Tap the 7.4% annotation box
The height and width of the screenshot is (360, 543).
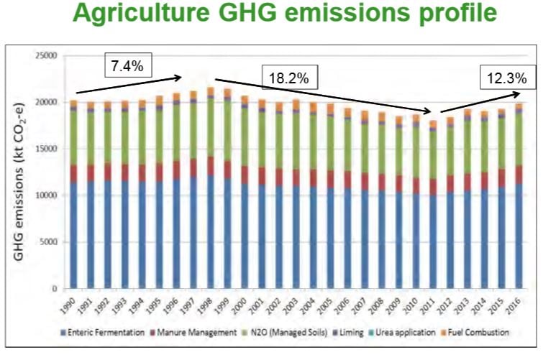[127, 66]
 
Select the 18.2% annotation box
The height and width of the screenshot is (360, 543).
[286, 77]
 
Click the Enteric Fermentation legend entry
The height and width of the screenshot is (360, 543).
[101, 333]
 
